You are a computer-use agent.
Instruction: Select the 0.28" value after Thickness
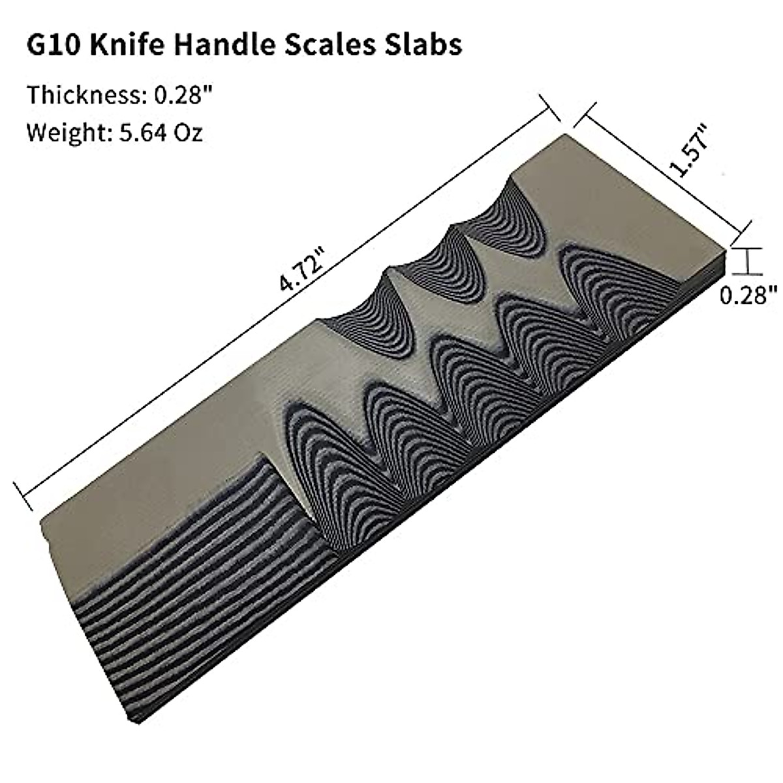pyautogui.click(x=184, y=95)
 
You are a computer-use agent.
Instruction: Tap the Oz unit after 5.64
pyautogui.click(x=188, y=133)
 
